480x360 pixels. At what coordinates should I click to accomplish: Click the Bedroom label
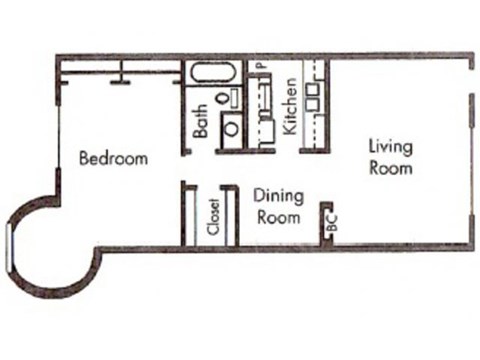(113, 158)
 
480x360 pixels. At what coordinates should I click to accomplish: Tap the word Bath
(202, 122)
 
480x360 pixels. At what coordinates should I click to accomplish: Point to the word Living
(390, 147)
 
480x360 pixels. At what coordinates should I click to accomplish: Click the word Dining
(278, 196)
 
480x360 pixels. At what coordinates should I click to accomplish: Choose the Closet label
(213, 219)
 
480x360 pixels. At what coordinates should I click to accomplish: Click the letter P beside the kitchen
(258, 67)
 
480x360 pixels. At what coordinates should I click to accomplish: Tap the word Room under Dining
(277, 216)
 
